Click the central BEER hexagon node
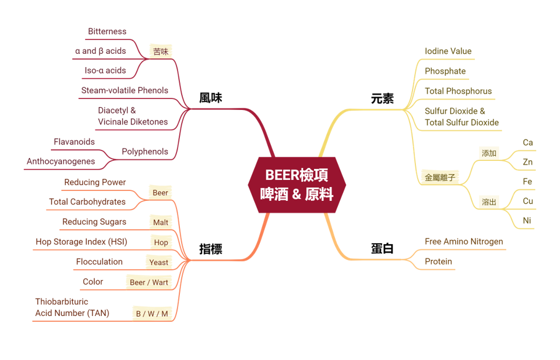[297, 185]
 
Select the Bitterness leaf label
[107, 31]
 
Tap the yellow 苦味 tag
[161, 52]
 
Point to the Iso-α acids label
[105, 71]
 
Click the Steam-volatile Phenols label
[124, 90]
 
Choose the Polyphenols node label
[145, 152]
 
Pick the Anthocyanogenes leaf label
[61, 161]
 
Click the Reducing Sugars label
[94, 222]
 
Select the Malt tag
[160, 222]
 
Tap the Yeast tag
[159, 262]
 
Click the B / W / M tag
[152, 314]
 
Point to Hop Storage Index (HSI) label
[81, 242]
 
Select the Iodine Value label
[448, 52]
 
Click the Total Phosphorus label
[458, 91]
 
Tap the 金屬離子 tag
[440, 178]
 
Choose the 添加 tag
[489, 153]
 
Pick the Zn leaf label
[528, 162]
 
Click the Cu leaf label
[528, 201]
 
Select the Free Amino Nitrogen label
[463, 241]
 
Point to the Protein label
[438, 262]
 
